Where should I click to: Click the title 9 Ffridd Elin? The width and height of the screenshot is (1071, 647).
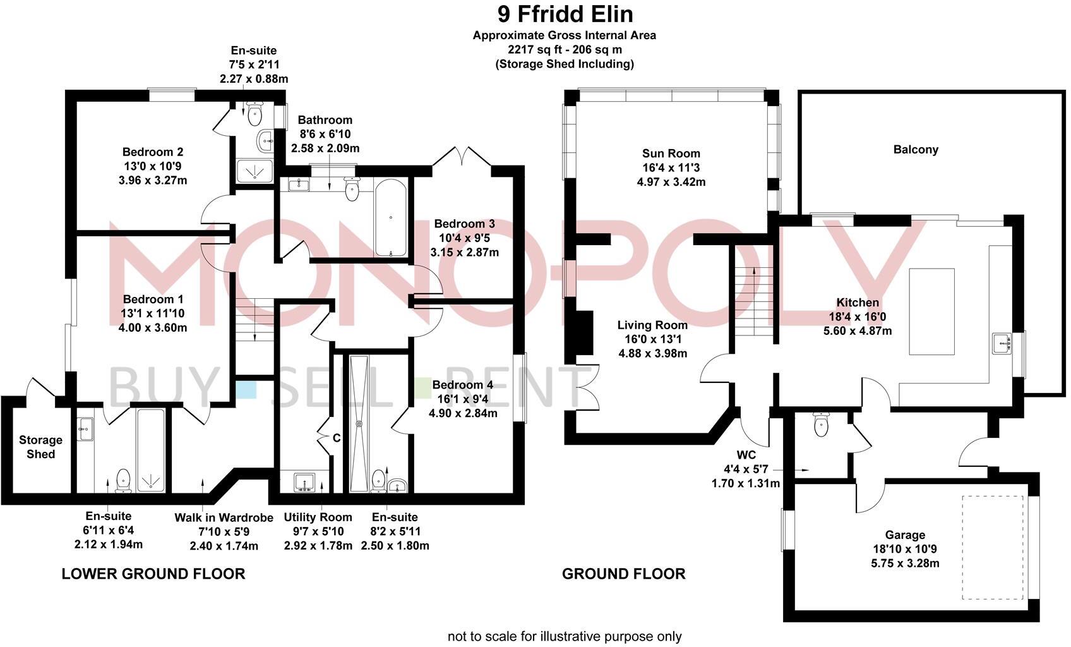565,14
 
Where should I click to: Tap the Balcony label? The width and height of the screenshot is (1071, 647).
916,150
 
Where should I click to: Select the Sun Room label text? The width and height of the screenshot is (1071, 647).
671,154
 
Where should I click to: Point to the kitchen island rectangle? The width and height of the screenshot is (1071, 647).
931,311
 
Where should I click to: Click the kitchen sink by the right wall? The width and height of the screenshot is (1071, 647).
1002,344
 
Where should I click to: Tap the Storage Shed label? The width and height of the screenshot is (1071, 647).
40,447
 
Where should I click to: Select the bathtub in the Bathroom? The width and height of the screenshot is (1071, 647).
392,217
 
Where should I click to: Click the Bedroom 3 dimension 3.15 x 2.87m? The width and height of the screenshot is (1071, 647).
464,252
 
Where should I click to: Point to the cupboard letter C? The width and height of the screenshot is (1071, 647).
337,438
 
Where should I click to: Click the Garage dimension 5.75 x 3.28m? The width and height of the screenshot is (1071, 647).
904,563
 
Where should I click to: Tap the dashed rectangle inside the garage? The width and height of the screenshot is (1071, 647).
992,547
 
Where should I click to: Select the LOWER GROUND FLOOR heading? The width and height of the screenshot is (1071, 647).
153,574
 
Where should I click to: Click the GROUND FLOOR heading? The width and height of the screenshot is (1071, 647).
623,574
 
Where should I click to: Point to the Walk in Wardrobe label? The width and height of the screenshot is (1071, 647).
224,518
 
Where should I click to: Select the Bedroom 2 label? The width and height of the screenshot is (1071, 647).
153,152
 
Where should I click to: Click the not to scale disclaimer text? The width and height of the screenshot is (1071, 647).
565,636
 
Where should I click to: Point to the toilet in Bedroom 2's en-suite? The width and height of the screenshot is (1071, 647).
255,114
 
